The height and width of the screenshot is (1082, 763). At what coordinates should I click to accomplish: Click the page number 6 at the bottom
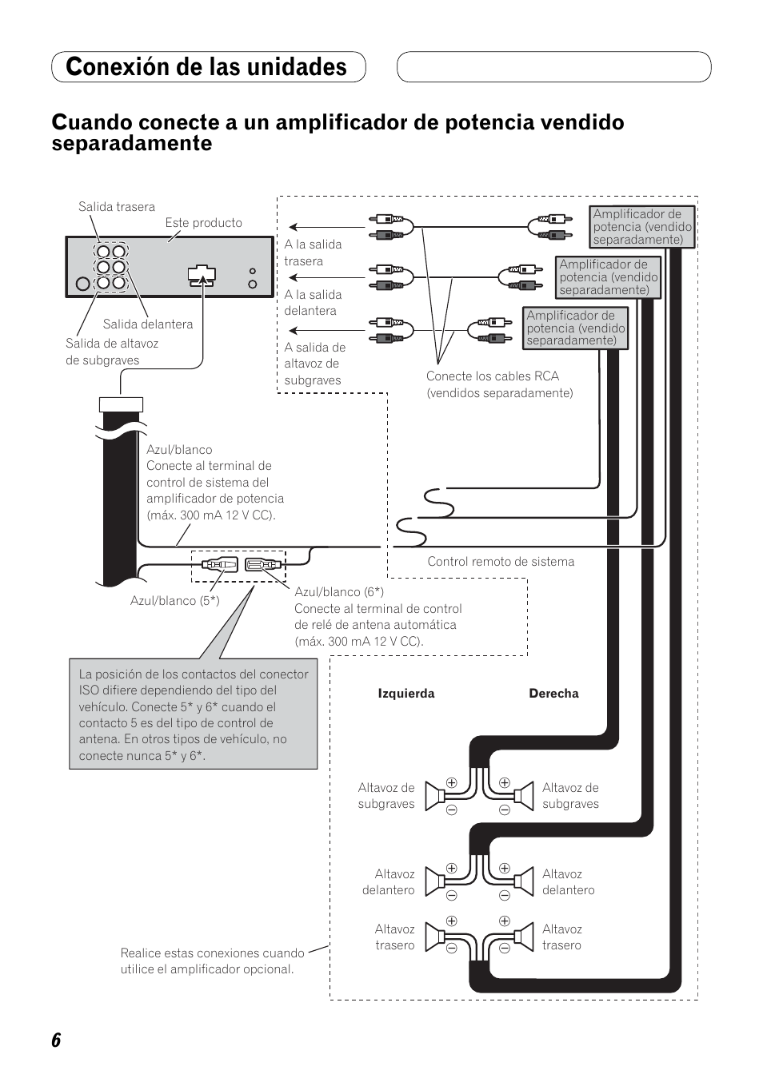click(56, 1040)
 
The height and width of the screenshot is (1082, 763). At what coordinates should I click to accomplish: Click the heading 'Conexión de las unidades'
click(207, 67)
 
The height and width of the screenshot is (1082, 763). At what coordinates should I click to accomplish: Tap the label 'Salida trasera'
click(117, 207)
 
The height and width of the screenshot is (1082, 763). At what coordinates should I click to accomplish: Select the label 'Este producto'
click(203, 223)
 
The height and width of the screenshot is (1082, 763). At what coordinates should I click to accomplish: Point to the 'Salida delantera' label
click(148, 324)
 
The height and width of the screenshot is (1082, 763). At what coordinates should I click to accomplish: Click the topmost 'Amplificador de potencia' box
click(642, 226)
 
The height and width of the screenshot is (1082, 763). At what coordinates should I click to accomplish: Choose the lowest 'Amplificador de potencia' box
click(575, 328)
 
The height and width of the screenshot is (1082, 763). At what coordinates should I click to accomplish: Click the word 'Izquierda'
click(406, 694)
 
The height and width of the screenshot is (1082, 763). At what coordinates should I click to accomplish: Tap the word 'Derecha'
click(553, 694)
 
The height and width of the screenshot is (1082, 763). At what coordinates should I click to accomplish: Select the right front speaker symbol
click(523, 881)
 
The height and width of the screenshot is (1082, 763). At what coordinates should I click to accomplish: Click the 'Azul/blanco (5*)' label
click(174, 600)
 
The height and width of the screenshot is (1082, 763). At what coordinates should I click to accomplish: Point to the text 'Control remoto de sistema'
click(501, 562)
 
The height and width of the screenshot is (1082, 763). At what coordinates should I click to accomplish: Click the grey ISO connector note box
click(193, 714)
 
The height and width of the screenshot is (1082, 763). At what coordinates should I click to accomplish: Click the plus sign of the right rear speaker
click(505, 921)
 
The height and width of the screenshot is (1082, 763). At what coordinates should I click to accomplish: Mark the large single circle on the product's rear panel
click(82, 283)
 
